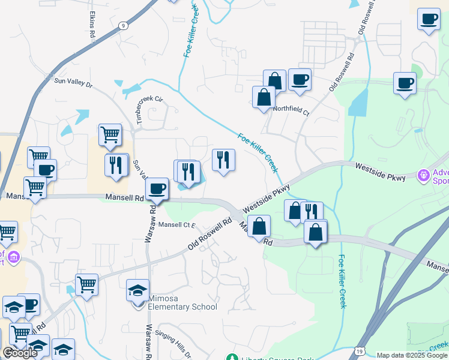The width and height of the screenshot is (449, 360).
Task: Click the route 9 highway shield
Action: point(123,26)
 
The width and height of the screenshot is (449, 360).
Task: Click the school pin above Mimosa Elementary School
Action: point(138,291)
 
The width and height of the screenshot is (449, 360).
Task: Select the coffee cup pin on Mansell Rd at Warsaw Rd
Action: point(157,188)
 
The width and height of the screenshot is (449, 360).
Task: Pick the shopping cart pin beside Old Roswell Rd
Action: point(87,284)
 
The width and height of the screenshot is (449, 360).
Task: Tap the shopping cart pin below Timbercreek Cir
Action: point(110,135)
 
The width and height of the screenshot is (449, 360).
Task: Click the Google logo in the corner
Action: point(20,353)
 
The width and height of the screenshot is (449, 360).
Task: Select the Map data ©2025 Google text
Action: point(412,356)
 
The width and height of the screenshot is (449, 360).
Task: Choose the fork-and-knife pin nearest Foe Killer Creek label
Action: point(223,160)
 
